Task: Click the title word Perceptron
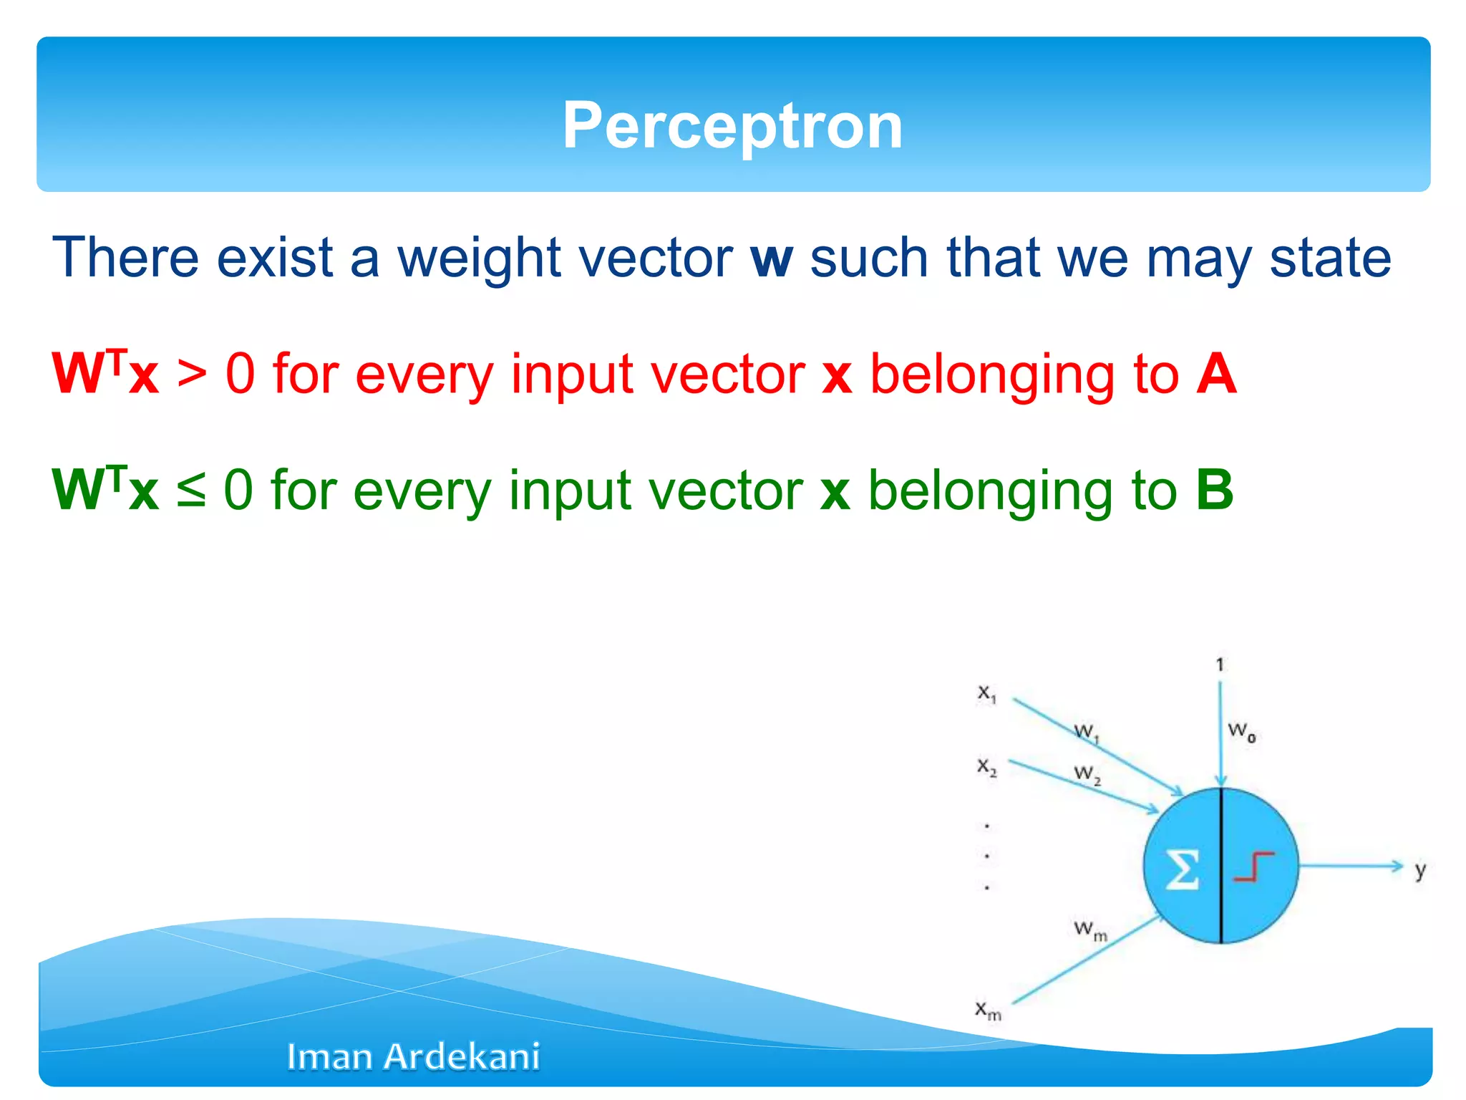(x=732, y=126)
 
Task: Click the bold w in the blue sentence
(x=772, y=259)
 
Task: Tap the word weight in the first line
(x=478, y=259)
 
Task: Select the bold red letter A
(x=1216, y=374)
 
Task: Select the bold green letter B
(x=1215, y=490)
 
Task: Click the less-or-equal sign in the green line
(x=191, y=491)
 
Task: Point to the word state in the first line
(x=1330, y=259)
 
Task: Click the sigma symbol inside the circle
(x=1182, y=869)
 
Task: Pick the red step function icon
(x=1254, y=867)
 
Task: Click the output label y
(x=1420, y=870)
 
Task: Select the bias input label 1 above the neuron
(x=1220, y=665)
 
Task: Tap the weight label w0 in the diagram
(x=1241, y=731)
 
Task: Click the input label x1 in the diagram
(x=987, y=693)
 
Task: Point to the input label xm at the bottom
(x=988, y=1010)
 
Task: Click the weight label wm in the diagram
(x=1089, y=930)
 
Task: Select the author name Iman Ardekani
(x=413, y=1056)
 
